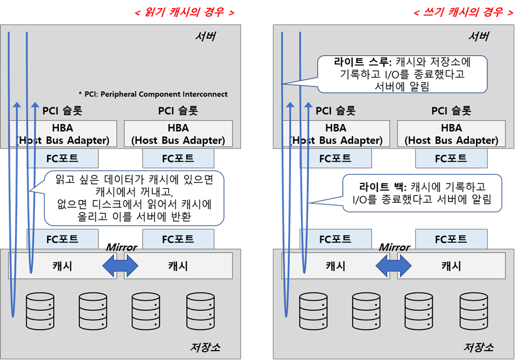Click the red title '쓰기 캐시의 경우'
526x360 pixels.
(x=463, y=12)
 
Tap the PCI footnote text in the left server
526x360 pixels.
(x=153, y=94)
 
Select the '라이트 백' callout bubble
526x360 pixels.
(x=422, y=193)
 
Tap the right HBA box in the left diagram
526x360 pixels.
(x=178, y=134)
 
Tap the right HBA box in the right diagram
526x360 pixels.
(x=451, y=134)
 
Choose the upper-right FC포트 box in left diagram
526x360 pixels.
(x=178, y=158)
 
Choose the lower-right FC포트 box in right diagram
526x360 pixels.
(x=451, y=239)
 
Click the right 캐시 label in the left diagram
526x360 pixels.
(x=178, y=266)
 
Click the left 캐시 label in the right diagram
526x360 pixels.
(x=335, y=266)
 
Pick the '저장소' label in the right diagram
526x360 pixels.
(x=478, y=347)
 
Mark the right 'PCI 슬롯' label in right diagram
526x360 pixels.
(x=451, y=111)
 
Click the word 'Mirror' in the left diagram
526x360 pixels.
(x=121, y=248)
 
